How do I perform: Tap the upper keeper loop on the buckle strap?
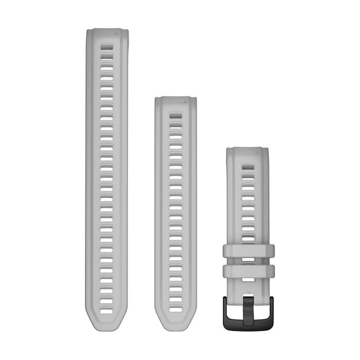coord(249,251)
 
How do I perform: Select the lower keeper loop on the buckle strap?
coord(249,271)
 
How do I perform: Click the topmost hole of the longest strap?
coord(106,46)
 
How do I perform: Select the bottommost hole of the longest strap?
coord(106,311)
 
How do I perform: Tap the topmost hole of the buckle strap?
coord(248,167)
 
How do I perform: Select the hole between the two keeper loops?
coord(248,261)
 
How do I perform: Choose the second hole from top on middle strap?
coord(175,126)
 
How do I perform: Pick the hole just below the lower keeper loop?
coord(248,280)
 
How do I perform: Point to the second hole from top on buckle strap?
coord(248,177)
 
